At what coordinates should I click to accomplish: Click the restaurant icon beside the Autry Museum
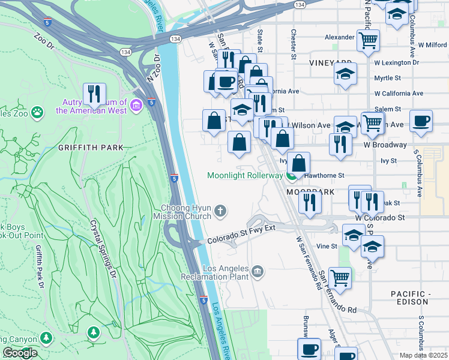(x=94, y=94)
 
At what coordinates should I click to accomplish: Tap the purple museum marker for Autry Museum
(x=136, y=106)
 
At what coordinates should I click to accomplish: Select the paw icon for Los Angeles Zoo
(x=37, y=112)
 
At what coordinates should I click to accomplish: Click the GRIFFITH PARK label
(x=91, y=147)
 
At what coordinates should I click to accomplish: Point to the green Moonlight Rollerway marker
(x=292, y=176)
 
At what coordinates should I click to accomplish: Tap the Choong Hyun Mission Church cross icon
(x=220, y=211)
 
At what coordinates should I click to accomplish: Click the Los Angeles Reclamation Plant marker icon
(x=258, y=272)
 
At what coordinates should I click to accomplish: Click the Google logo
(x=20, y=352)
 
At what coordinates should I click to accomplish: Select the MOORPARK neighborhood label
(x=309, y=192)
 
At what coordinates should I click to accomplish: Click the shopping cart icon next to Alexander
(x=367, y=41)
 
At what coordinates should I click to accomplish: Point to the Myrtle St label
(x=387, y=78)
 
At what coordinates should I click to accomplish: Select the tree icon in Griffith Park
(x=92, y=332)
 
